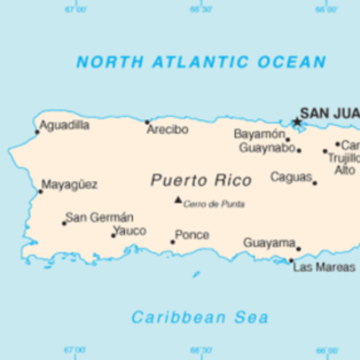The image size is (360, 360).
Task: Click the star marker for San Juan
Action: click(x=296, y=121)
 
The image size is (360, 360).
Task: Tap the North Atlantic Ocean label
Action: click(x=201, y=62)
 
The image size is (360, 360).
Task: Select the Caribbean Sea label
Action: click(x=200, y=317)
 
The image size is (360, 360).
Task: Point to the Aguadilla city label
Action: click(x=65, y=125)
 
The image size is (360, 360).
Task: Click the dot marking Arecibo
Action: click(x=148, y=121)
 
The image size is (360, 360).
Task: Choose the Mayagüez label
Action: click(x=71, y=184)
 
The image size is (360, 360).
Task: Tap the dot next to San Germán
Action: click(x=64, y=222)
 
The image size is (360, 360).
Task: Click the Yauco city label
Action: click(x=130, y=230)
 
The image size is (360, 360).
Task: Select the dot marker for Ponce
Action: click(x=173, y=241)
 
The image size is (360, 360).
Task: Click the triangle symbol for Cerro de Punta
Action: click(x=177, y=200)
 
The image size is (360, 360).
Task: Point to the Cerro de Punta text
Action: click(x=214, y=204)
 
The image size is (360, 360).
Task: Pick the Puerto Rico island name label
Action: click(x=189, y=180)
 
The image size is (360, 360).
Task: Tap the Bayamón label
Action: click(x=259, y=134)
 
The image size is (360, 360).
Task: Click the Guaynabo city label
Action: click(x=265, y=148)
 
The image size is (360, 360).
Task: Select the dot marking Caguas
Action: click(x=314, y=183)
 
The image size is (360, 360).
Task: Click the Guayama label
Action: click(x=269, y=243)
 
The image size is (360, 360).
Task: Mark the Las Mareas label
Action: click(x=324, y=267)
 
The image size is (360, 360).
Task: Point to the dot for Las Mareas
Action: click(x=291, y=261)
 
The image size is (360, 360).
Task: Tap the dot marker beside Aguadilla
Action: click(x=37, y=131)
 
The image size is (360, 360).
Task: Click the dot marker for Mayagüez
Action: click(x=40, y=191)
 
